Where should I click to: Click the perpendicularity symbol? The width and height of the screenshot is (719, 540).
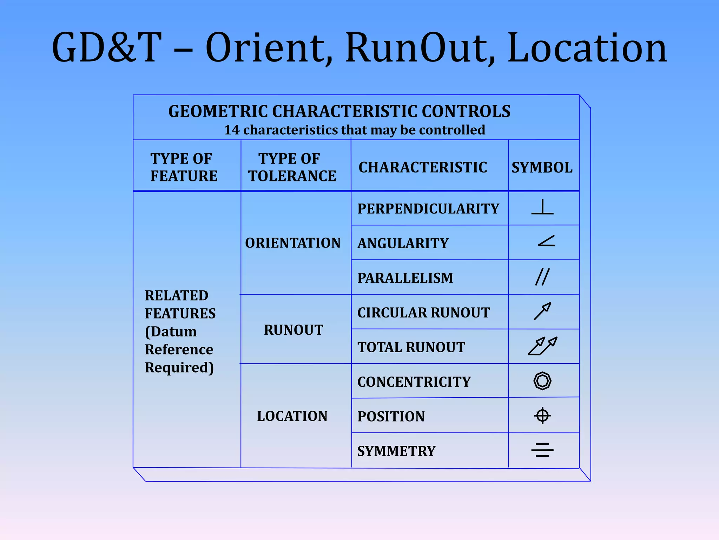(542, 207)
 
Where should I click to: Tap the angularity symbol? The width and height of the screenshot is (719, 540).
(546, 241)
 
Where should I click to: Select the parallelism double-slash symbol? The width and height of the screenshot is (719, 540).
(542, 277)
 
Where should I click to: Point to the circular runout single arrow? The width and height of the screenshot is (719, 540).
(542, 311)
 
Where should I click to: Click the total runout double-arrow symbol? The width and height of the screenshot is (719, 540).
(542, 346)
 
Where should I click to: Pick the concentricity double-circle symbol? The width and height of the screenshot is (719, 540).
(542, 381)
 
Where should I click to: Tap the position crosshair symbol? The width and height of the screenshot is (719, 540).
(542, 416)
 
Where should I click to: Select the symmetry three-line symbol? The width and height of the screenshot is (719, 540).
(542, 450)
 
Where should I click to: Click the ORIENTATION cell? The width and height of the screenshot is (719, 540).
(293, 243)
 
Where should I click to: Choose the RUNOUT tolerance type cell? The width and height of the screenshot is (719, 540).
(293, 330)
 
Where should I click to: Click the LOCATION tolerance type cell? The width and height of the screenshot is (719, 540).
(292, 416)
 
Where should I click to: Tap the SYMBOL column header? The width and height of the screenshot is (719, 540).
(542, 167)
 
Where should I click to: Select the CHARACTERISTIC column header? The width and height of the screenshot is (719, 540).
(423, 167)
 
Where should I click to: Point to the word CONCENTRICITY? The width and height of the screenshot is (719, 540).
(414, 382)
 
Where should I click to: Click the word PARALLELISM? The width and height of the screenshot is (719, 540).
(405, 278)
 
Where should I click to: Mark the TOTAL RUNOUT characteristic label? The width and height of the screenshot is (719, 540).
(411, 347)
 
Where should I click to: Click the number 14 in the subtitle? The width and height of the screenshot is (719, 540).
(232, 130)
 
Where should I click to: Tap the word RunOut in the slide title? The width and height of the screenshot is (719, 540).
(420, 48)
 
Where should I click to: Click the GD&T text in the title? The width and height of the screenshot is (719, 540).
(107, 48)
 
